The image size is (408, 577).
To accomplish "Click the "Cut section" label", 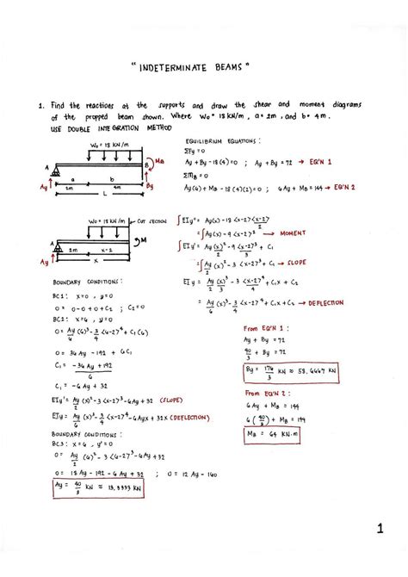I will click(x=152, y=220).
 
